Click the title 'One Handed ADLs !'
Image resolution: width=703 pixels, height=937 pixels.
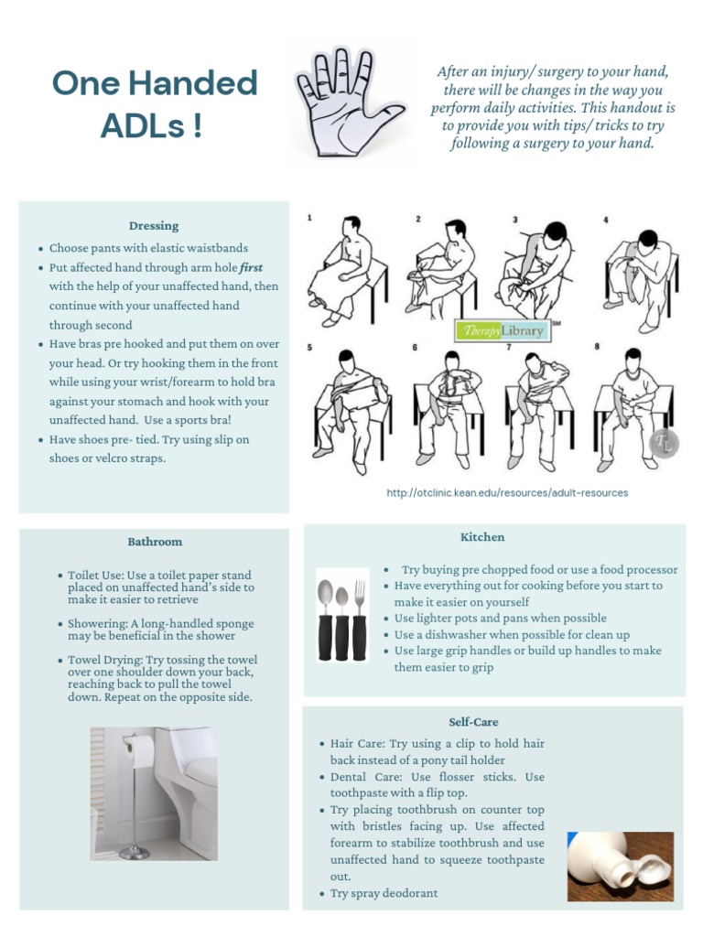tap(154, 103)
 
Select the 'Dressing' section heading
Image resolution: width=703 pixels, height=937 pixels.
tap(154, 226)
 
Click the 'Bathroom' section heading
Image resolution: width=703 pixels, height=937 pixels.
tap(155, 542)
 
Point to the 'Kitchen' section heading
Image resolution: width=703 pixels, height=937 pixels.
tap(482, 537)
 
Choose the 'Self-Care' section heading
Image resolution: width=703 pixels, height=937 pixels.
tap(473, 722)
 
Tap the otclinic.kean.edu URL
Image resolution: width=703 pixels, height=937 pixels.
tap(507, 492)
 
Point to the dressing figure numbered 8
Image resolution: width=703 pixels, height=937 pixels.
tap(632, 407)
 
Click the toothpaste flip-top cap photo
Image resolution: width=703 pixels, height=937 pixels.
tap(620, 866)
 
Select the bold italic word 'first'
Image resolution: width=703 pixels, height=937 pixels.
tap(252, 267)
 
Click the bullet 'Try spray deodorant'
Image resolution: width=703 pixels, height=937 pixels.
tap(384, 893)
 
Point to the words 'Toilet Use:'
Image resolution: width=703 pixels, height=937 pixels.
tap(97, 576)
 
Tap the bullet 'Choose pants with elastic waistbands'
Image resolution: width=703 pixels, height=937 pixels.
tap(148, 248)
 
